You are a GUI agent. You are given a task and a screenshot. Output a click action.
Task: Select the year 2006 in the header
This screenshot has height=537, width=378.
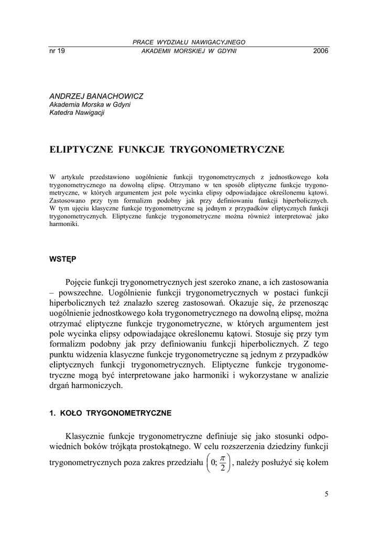320,51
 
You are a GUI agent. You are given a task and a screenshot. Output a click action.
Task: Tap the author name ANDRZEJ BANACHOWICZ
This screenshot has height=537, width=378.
96,96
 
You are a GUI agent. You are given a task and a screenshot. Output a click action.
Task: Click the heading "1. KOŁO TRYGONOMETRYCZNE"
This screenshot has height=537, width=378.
110,413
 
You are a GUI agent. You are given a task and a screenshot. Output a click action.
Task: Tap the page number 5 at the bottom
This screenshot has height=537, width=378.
326,493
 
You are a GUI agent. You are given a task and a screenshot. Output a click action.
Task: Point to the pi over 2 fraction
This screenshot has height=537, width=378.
222,463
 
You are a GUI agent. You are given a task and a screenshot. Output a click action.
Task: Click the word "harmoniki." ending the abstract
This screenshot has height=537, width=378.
64,224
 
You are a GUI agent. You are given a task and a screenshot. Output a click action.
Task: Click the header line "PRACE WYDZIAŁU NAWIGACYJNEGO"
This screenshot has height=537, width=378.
189,42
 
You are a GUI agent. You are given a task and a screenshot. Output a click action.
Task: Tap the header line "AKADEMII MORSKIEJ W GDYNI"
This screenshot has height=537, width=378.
189,51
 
